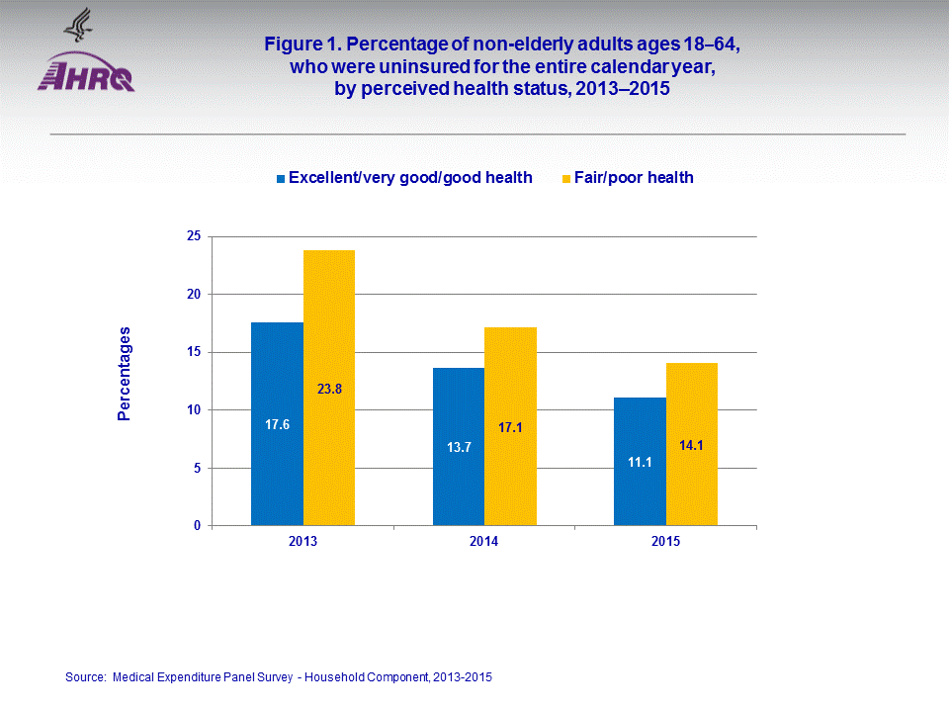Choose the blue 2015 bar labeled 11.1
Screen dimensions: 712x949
640,461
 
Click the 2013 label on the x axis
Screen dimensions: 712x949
303,543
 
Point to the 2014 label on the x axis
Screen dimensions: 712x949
484,543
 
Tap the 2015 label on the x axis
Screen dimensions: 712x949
665,543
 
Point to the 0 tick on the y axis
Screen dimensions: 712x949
197,526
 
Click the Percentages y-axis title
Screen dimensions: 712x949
124,374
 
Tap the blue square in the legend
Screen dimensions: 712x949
281,179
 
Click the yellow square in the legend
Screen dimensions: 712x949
566,179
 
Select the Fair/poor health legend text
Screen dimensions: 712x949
634,178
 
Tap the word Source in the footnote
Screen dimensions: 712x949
85,677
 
